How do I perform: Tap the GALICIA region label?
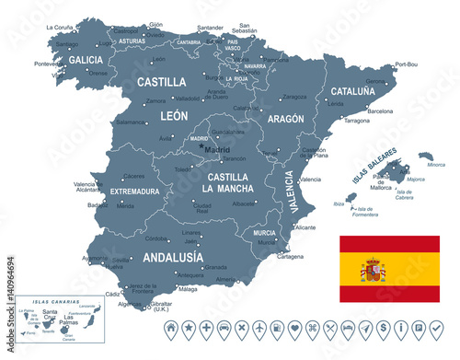(86, 60)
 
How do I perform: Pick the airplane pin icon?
(259, 328)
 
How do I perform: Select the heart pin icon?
(294, 328)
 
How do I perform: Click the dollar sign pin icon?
(366, 328)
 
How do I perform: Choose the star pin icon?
(188, 328)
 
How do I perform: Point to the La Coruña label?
(60, 28)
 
